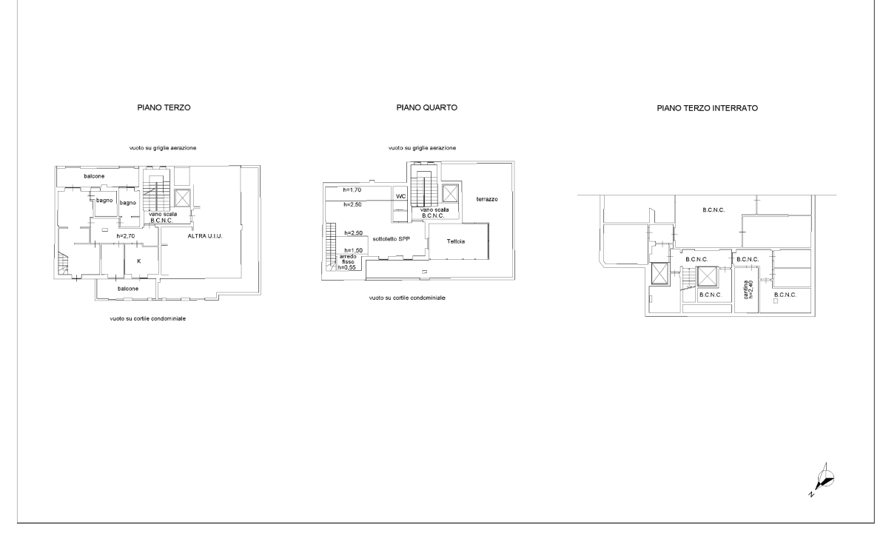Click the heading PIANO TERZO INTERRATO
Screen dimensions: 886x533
click(x=707, y=108)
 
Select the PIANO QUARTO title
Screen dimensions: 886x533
click(x=426, y=107)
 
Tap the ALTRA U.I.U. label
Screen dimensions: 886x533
click(x=205, y=235)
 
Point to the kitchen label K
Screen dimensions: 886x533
click(x=139, y=261)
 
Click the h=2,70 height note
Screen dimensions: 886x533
click(x=125, y=236)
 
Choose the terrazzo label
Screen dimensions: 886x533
click(x=487, y=199)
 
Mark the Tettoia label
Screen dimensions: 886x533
click(x=456, y=241)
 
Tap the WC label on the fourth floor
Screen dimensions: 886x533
click(x=400, y=196)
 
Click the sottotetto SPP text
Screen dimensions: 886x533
click(x=391, y=238)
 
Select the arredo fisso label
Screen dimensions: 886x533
click(x=347, y=259)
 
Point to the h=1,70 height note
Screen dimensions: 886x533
click(x=352, y=190)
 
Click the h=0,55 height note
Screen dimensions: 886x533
click(x=347, y=267)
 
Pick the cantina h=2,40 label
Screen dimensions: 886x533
click(x=748, y=289)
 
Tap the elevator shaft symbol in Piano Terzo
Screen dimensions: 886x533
click(x=183, y=198)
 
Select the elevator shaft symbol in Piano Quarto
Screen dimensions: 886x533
click(x=450, y=193)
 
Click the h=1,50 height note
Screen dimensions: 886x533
click(x=354, y=250)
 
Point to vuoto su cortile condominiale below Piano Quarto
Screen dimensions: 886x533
click(x=407, y=298)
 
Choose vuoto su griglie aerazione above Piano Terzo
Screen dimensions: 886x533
click(x=163, y=148)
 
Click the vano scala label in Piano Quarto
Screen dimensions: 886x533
click(x=434, y=209)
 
